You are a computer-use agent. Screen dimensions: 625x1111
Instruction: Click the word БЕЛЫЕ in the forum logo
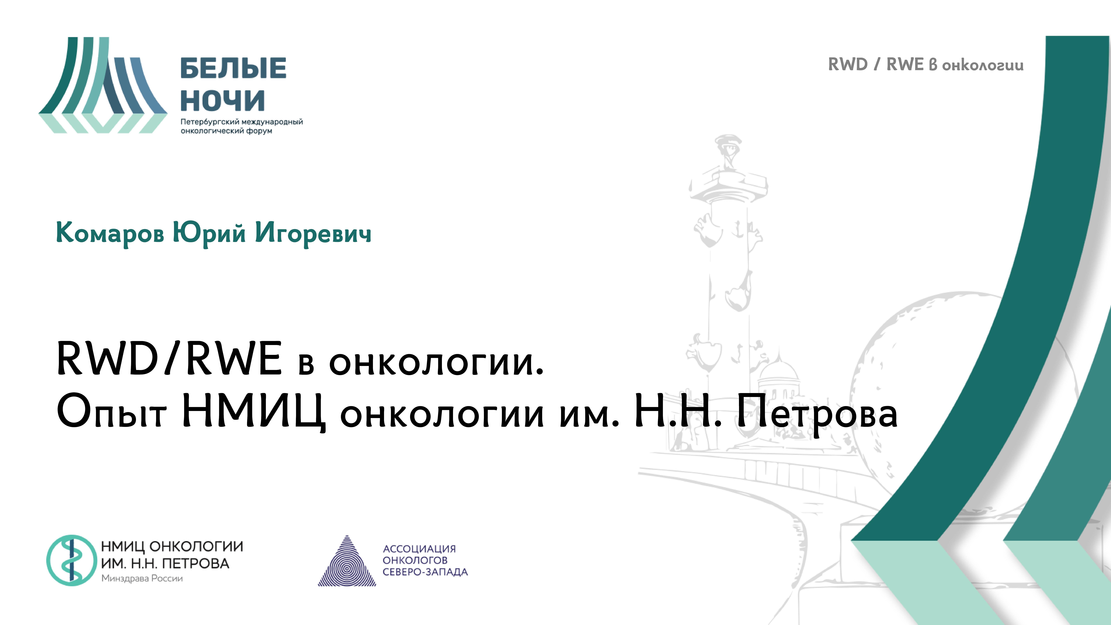coord(233,68)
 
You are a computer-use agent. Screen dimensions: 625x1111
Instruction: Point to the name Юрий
coord(209,233)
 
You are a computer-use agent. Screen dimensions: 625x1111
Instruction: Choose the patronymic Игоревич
coord(313,233)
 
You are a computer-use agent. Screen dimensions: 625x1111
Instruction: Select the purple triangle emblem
coord(347,563)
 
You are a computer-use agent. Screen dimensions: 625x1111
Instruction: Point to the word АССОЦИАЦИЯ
coord(419,549)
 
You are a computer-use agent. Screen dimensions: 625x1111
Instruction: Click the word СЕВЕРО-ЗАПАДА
coord(425,572)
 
